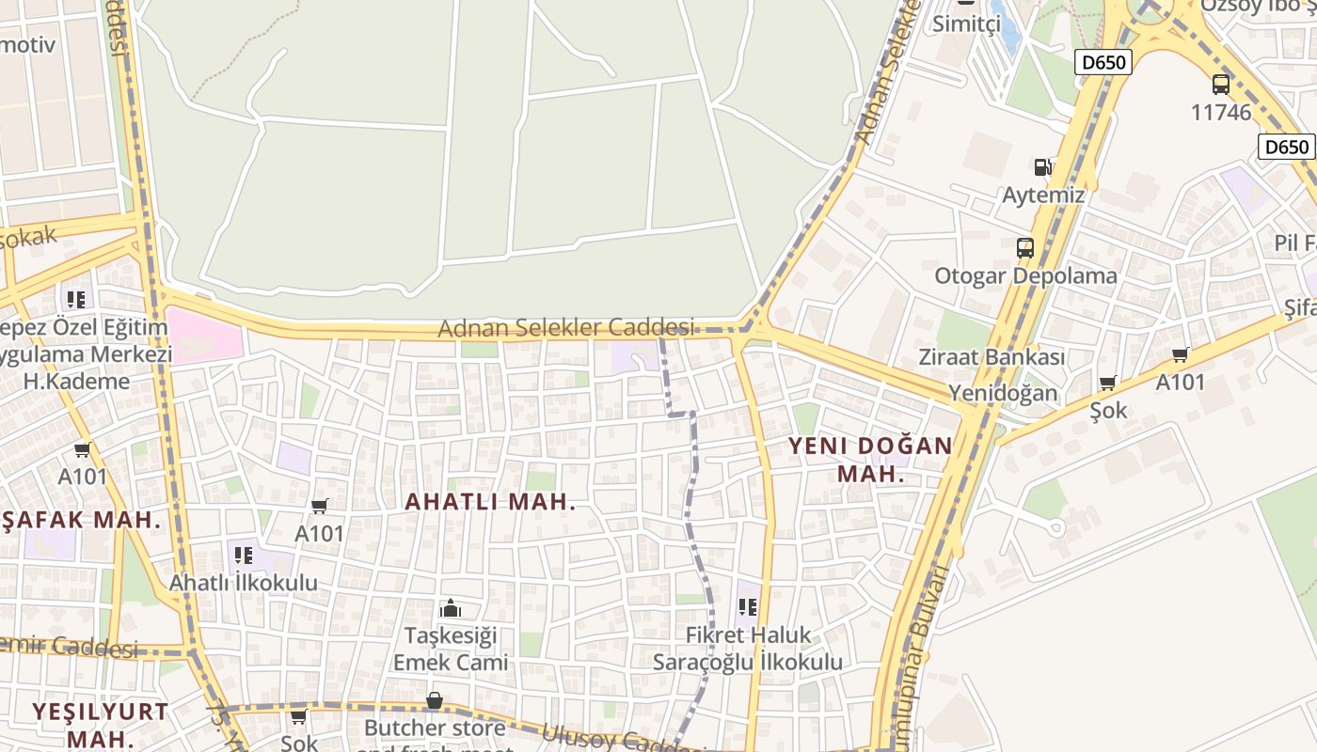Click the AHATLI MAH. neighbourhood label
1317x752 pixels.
pyautogui.click(x=489, y=502)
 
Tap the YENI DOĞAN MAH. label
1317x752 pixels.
pyautogui.click(x=870, y=459)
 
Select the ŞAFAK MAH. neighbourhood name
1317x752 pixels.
pyautogui.click(x=83, y=520)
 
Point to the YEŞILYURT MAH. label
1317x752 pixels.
pyautogui.click(x=100, y=724)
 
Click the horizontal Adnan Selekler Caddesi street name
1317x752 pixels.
pyautogui.click(x=566, y=328)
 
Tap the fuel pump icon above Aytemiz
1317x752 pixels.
pyautogui.click(x=1042, y=167)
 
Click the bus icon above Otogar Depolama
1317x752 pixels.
pyautogui.click(x=1025, y=248)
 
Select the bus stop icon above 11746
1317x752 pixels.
pyautogui.click(x=1221, y=85)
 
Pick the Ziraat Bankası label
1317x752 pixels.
pyautogui.click(x=992, y=357)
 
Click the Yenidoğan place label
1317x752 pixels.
pyautogui.click(x=1003, y=392)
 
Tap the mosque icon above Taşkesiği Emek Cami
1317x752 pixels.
pyautogui.click(x=451, y=608)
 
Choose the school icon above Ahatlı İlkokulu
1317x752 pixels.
pyautogui.click(x=244, y=555)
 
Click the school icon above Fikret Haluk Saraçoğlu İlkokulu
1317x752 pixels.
pyautogui.click(x=748, y=606)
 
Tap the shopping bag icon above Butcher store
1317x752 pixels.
pyautogui.click(x=434, y=700)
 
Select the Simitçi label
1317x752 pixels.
pyautogui.click(x=966, y=24)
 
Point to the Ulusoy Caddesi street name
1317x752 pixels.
pyautogui.click(x=611, y=737)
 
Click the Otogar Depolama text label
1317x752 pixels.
pyautogui.click(x=1025, y=276)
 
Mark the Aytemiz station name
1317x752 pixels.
pyautogui.click(x=1043, y=196)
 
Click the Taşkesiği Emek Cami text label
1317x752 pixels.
pyautogui.click(x=451, y=649)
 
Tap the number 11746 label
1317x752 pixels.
pyautogui.click(x=1221, y=113)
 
